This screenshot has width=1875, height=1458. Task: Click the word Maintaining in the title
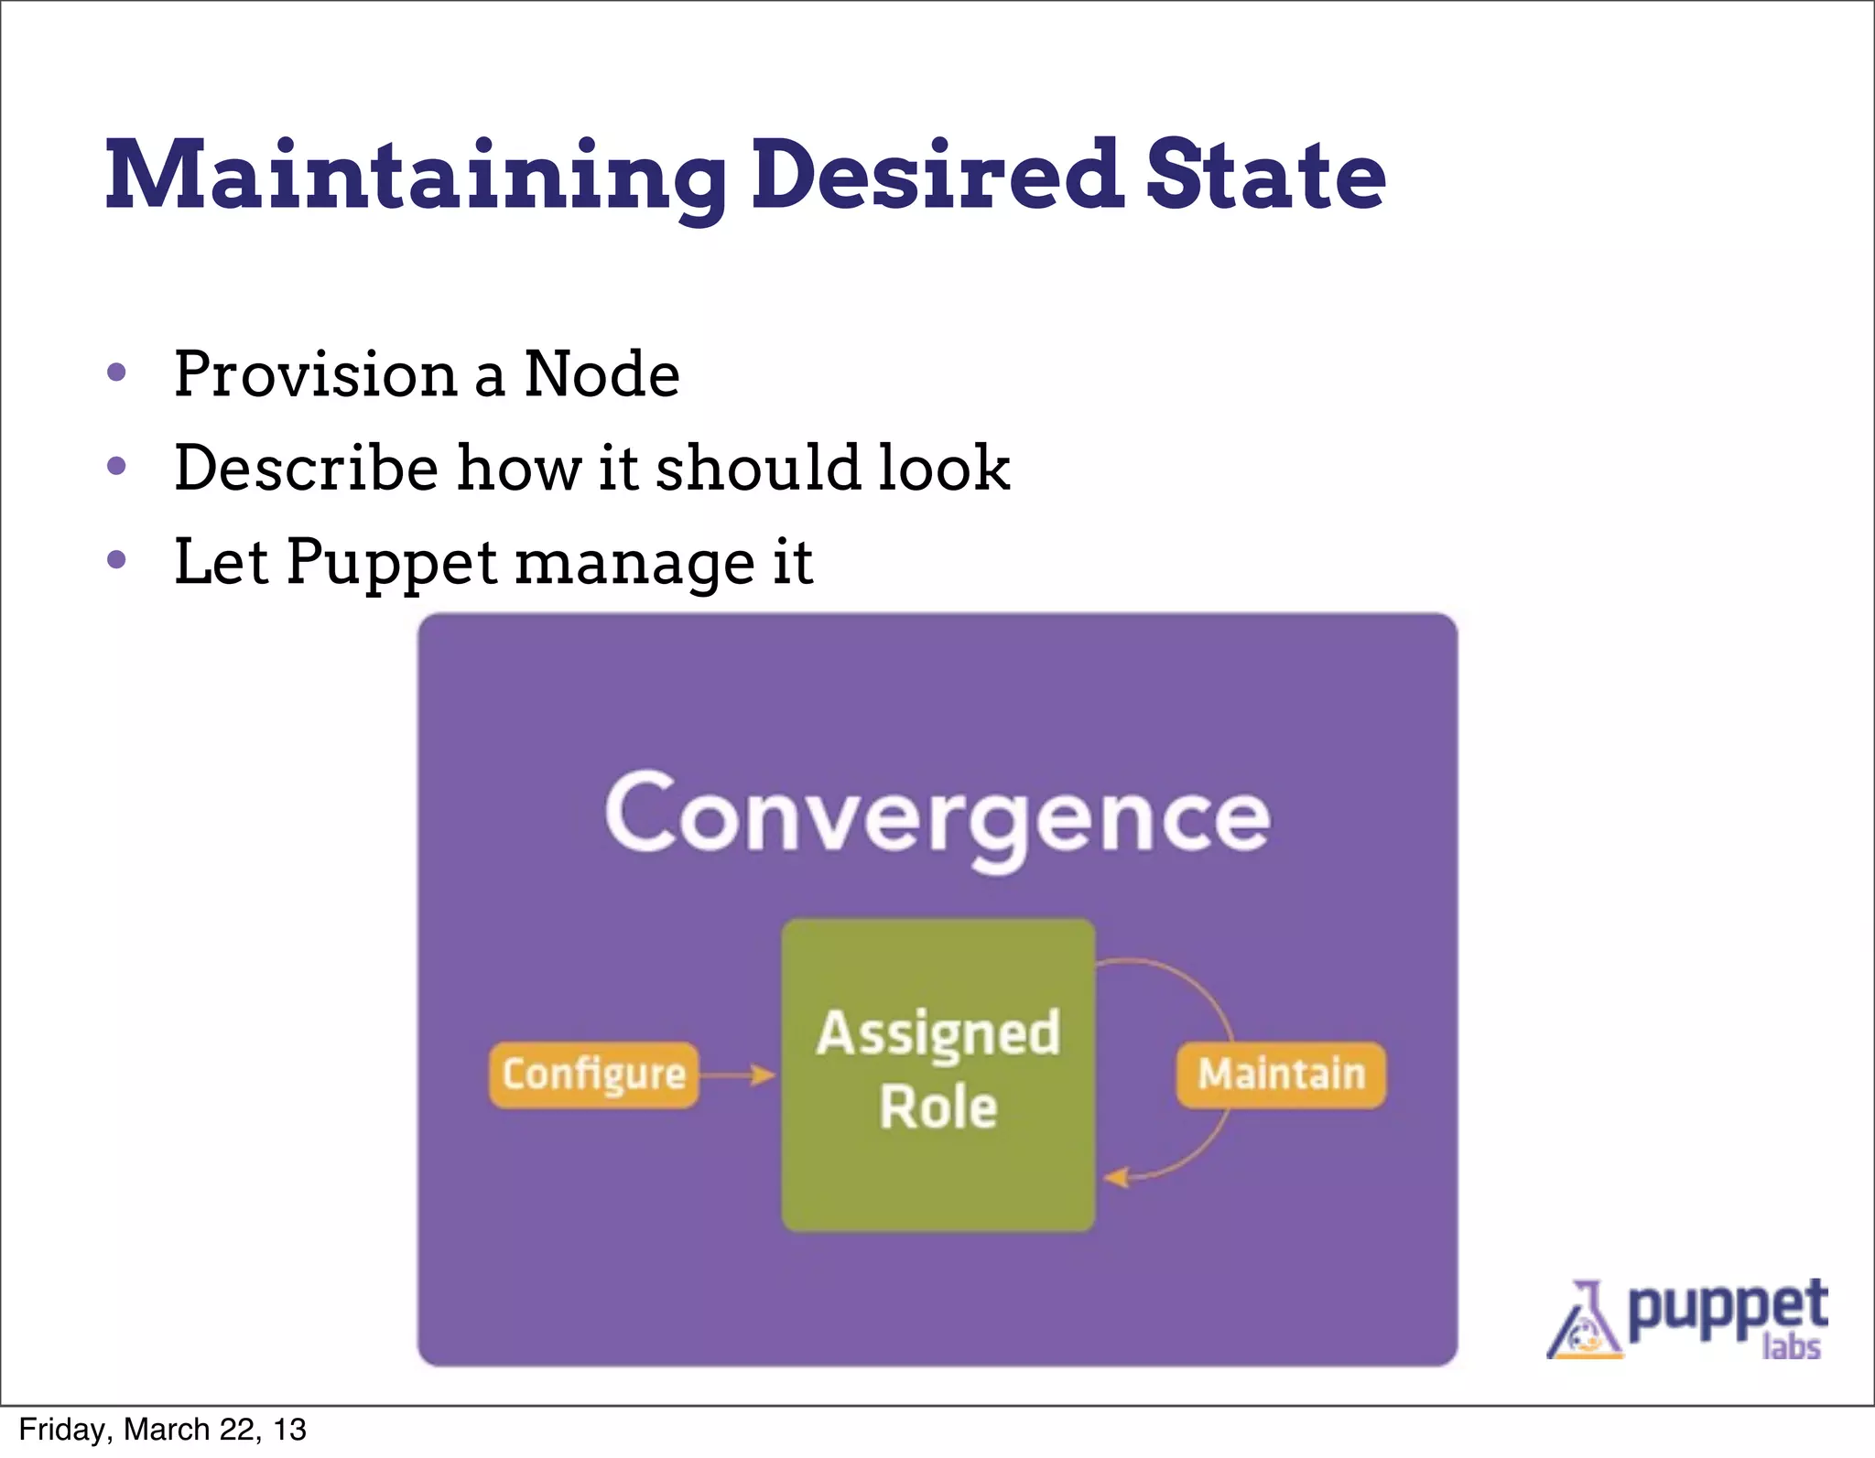coord(417,177)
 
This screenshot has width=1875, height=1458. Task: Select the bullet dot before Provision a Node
coord(116,373)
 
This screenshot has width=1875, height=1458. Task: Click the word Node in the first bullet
coord(602,374)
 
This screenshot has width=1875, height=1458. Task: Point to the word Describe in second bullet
coord(306,468)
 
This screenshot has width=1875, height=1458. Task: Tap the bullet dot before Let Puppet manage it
coord(116,559)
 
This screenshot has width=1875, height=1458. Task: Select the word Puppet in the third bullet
coord(391,564)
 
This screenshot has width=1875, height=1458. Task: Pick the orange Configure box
coord(593,1075)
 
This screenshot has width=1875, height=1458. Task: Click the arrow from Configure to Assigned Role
coord(738,1075)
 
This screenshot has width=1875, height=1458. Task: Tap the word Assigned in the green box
coord(937,1034)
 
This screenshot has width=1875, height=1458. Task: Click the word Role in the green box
coord(937,1107)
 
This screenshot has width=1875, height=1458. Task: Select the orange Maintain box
coord(1280,1075)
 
